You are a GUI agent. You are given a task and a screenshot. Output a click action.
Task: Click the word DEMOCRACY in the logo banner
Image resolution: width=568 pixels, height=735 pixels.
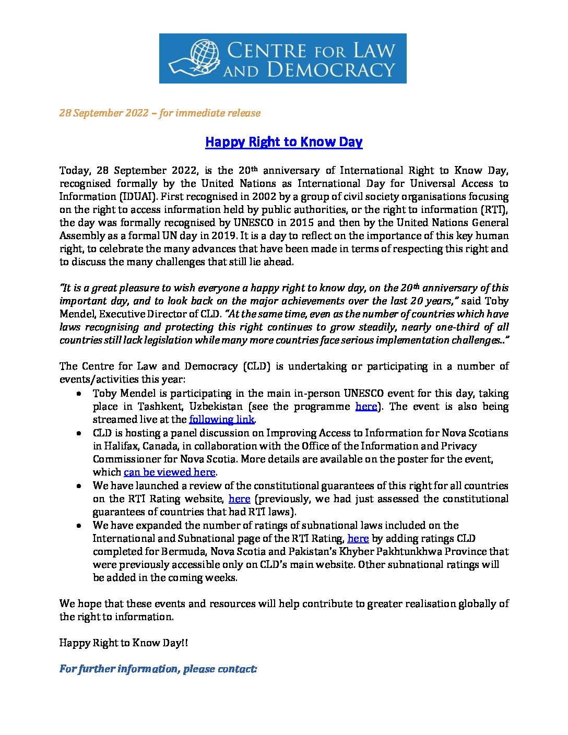(x=330, y=69)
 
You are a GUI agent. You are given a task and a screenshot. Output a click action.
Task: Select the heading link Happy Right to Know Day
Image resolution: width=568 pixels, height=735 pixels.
(x=283, y=142)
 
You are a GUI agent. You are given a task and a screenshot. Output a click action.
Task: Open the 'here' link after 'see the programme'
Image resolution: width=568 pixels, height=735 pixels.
(x=366, y=407)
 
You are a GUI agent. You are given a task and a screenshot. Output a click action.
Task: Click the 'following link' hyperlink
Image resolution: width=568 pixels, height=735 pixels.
(x=221, y=420)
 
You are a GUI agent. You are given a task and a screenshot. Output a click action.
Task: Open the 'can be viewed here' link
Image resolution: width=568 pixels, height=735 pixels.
(x=169, y=472)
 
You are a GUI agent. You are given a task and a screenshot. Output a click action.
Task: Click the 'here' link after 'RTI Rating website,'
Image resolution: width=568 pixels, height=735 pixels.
(x=240, y=499)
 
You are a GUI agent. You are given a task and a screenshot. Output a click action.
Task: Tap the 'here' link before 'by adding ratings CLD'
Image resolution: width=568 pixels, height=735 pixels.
(x=358, y=539)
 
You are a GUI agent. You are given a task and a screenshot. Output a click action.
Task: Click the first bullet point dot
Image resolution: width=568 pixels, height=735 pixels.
(x=78, y=394)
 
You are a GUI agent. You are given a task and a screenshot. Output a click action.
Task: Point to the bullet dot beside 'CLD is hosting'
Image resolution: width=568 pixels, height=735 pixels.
(x=78, y=433)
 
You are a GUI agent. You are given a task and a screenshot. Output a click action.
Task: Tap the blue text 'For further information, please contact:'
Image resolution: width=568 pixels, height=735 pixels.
(x=158, y=669)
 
